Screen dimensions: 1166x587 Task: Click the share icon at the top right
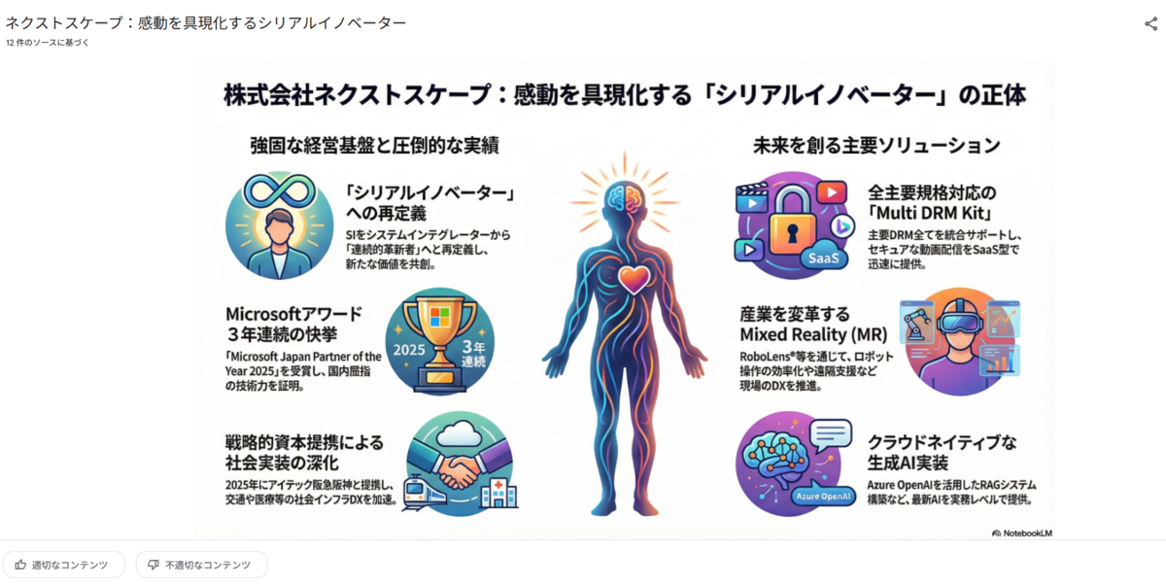point(1150,23)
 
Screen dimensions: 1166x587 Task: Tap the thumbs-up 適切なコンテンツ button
point(63,565)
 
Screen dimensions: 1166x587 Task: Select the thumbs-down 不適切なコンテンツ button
point(201,565)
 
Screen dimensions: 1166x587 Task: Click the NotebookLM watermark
point(1022,533)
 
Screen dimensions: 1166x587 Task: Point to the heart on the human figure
point(634,278)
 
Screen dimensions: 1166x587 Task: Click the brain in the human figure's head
point(625,198)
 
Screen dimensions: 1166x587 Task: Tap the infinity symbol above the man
point(280,190)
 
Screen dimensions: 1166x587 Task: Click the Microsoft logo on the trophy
point(439,317)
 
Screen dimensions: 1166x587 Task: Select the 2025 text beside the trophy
point(409,350)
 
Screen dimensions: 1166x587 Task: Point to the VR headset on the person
point(960,321)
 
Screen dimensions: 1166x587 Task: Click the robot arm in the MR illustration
point(916,324)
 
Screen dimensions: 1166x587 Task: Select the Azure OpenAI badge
point(823,496)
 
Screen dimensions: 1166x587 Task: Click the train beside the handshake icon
point(423,493)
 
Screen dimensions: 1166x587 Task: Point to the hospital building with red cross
point(498,493)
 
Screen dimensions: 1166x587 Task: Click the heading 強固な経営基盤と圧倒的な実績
point(374,146)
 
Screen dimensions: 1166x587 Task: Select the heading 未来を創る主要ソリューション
point(876,146)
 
